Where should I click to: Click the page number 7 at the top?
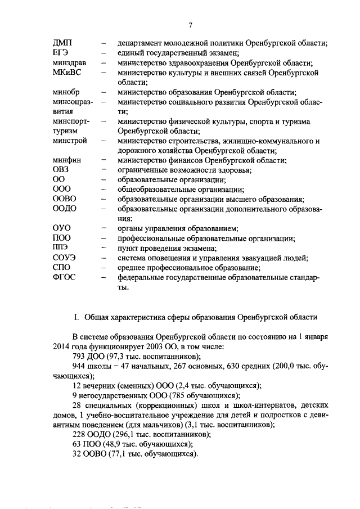coord(191,25)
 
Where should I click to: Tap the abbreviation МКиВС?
coord(64,73)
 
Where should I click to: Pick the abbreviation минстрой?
coord(67,141)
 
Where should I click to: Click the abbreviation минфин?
coord(66,160)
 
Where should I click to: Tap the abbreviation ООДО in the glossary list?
coord(64,209)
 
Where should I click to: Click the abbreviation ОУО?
coord(61,228)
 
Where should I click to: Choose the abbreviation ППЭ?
coord(60,248)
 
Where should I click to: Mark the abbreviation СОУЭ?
coord(63,258)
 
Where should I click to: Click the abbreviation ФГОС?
coord(63,277)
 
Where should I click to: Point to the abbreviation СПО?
coord(60,267)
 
